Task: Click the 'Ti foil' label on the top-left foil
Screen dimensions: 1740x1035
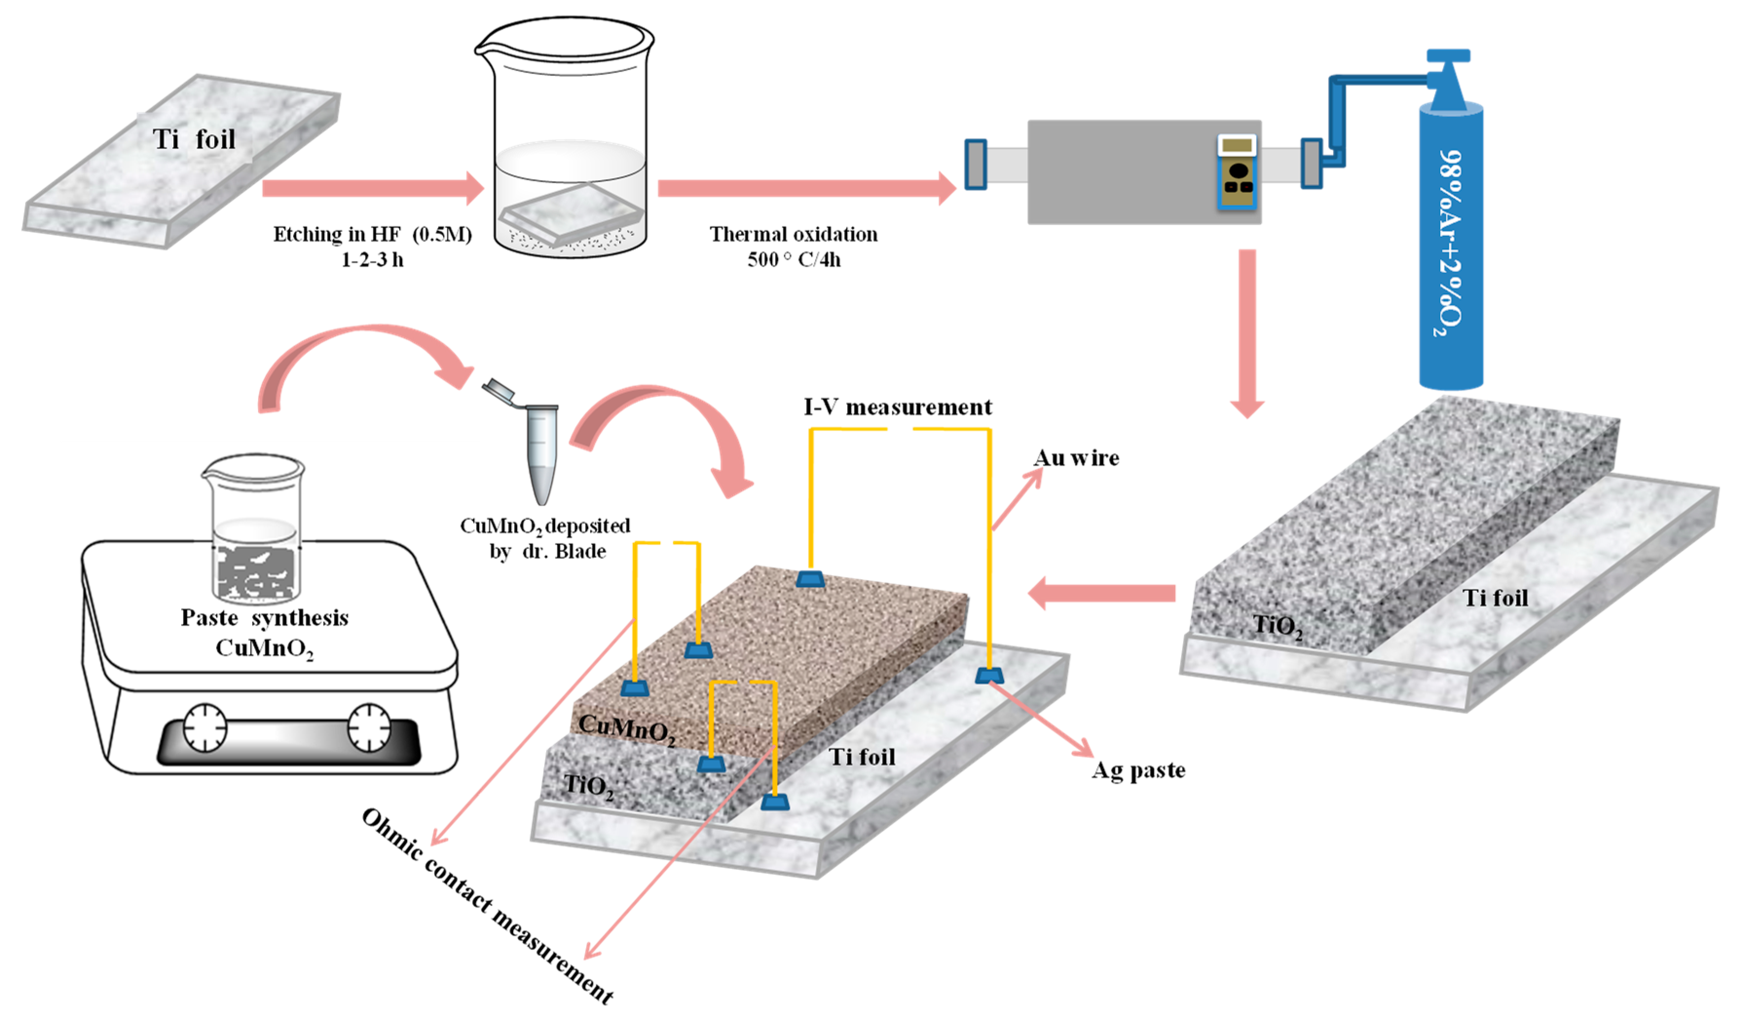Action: [x=194, y=139]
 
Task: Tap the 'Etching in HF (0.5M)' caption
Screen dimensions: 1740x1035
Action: [x=372, y=234]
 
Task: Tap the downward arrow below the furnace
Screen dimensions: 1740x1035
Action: [x=1247, y=333]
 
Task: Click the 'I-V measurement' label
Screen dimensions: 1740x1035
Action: [x=897, y=407]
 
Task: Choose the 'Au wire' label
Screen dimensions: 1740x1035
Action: [x=1076, y=458]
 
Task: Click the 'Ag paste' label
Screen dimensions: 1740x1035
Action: [x=1138, y=770]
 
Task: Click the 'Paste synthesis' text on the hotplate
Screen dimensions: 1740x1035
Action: [x=264, y=618]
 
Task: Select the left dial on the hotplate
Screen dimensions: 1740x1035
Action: [x=205, y=728]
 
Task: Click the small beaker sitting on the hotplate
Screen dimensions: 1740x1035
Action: [x=255, y=528]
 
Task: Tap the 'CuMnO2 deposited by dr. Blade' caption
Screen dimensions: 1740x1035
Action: [x=545, y=538]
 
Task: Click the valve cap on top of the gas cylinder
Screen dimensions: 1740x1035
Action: [x=1448, y=55]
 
